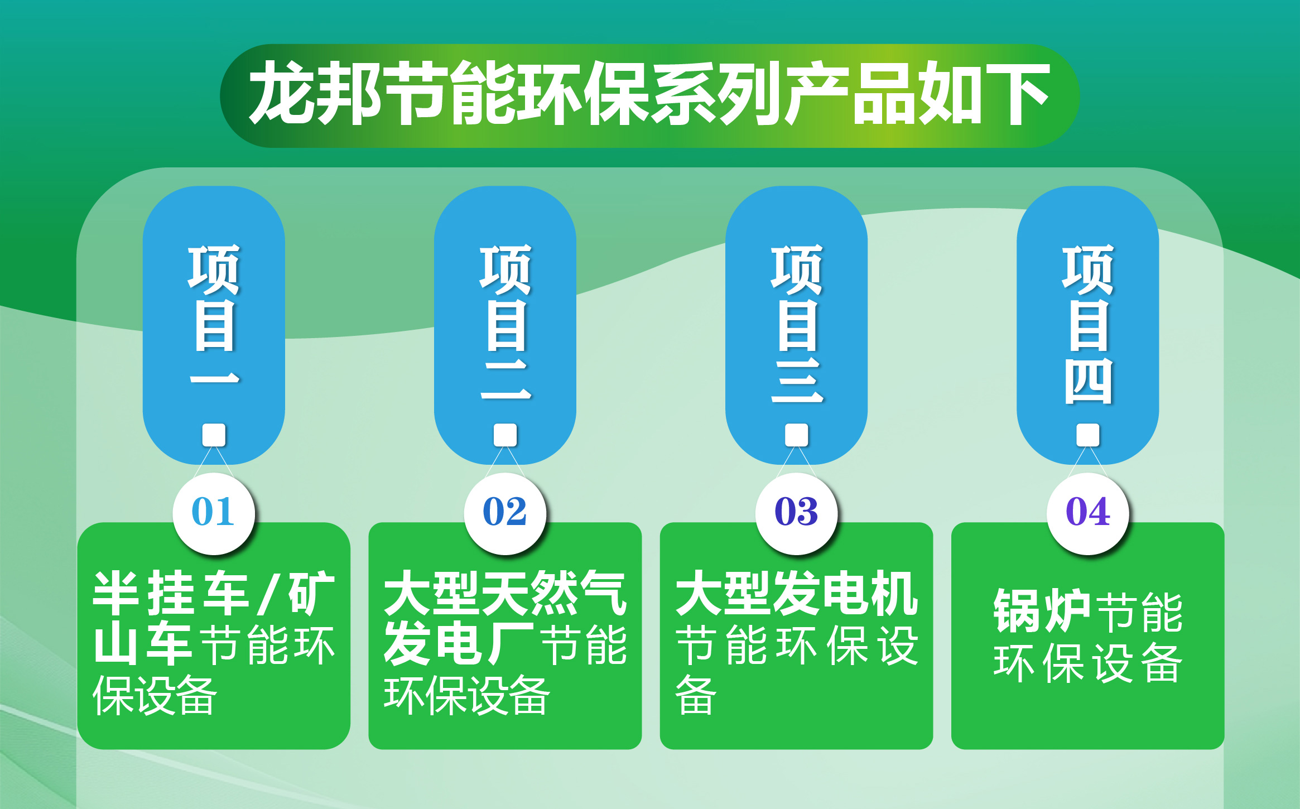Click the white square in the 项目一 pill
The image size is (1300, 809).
[x=214, y=435]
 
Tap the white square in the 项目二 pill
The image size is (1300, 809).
[x=505, y=435]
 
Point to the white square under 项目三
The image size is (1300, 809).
[x=796, y=435]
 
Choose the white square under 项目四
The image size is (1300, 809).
[x=1087, y=435]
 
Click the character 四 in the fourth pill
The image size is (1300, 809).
[x=1087, y=381]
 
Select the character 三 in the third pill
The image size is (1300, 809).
[x=797, y=381]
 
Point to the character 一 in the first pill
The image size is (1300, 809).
[x=214, y=379]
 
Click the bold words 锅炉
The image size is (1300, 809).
[x=1041, y=611]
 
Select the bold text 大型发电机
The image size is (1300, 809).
[x=796, y=593]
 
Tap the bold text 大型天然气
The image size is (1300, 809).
[x=505, y=593]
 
